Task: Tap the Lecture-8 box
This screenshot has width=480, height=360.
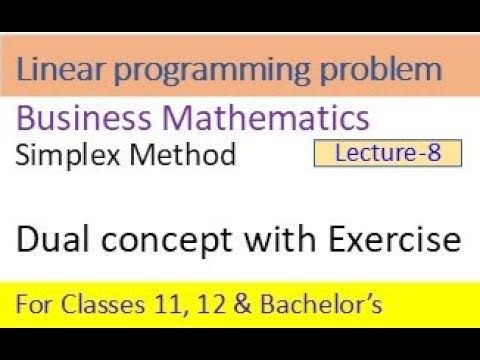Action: pyautogui.click(x=387, y=152)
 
